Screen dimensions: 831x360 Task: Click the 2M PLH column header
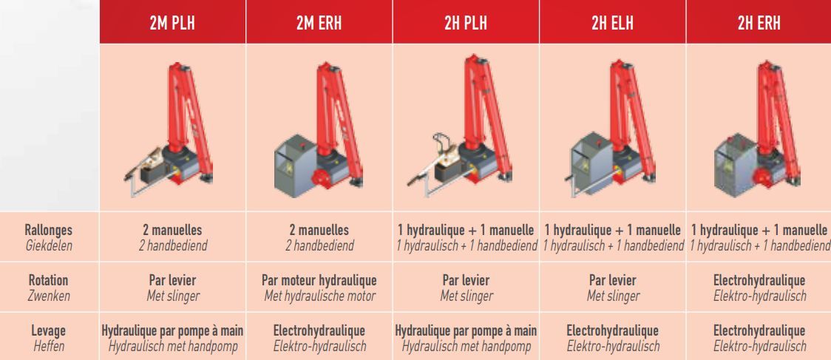point(172,24)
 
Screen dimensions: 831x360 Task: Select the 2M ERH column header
point(319,24)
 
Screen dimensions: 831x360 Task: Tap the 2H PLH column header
point(466,24)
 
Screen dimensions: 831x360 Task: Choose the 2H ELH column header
point(613,24)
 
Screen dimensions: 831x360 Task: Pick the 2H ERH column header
point(759,24)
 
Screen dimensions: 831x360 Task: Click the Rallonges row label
point(49,230)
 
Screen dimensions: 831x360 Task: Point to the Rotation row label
point(49,280)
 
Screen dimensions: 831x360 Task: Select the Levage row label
point(49,330)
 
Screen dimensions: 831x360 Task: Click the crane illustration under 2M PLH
point(169,130)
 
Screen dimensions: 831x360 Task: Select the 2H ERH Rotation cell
point(759,288)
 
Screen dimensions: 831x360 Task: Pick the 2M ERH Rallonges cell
point(319,237)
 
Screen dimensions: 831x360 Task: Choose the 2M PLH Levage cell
point(172,339)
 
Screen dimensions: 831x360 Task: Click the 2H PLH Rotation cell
point(466,288)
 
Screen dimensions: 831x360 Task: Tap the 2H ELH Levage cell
point(613,339)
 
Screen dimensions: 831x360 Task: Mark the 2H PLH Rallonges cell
point(466,237)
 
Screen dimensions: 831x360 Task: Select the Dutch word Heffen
point(49,346)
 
